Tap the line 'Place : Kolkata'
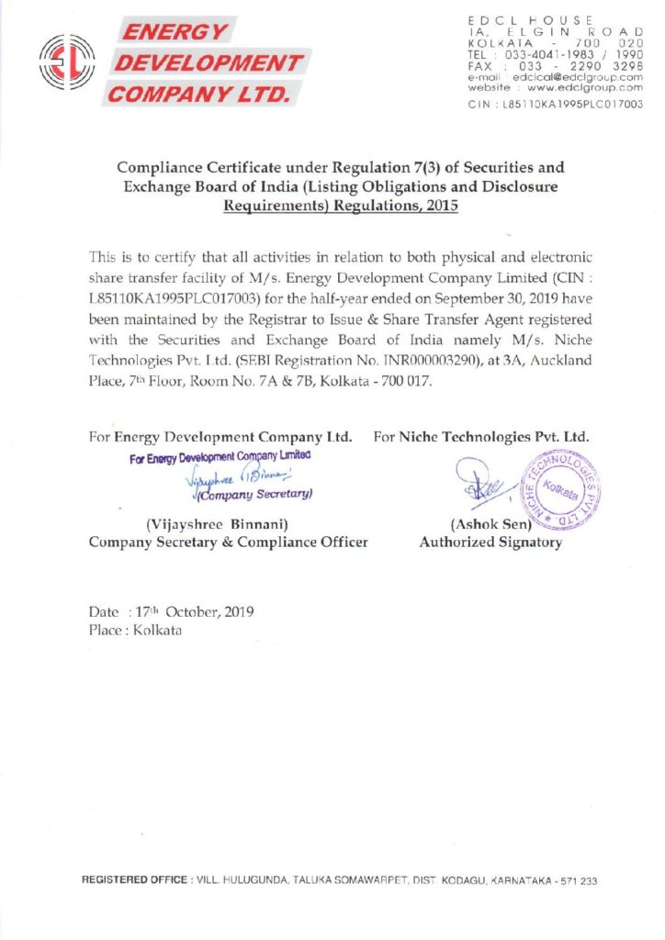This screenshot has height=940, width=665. pos(135,631)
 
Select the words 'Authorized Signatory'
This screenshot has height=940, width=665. pos(490,543)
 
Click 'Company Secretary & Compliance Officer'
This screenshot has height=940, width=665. pos(228,543)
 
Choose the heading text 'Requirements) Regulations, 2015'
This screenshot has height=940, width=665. pos(340,207)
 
